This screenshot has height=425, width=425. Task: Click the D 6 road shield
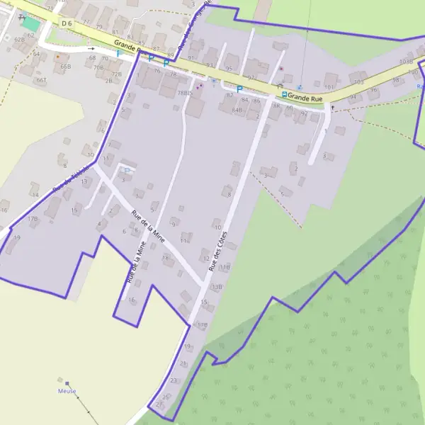coord(67,23)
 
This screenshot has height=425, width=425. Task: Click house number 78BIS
coord(185,93)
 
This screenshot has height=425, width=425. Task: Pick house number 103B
coord(406,62)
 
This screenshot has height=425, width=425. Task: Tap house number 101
coord(329,87)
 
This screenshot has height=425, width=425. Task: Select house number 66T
coord(42,80)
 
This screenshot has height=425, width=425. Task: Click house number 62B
coord(19,40)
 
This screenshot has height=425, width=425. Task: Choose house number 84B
coord(237,110)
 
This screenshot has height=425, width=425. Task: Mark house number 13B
coord(217,287)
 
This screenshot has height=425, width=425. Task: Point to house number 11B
coord(226,267)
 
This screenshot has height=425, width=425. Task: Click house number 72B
coord(117,74)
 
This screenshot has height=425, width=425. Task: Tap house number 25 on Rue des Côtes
coord(166,397)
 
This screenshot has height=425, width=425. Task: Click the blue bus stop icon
coord(284,94)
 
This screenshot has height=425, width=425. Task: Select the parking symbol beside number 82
coord(239,89)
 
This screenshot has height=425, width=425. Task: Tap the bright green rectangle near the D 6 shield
coord(30,23)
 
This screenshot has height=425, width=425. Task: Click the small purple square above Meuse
coord(67,383)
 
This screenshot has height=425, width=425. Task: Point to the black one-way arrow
coord(91,49)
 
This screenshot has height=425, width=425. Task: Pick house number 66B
coord(66,66)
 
